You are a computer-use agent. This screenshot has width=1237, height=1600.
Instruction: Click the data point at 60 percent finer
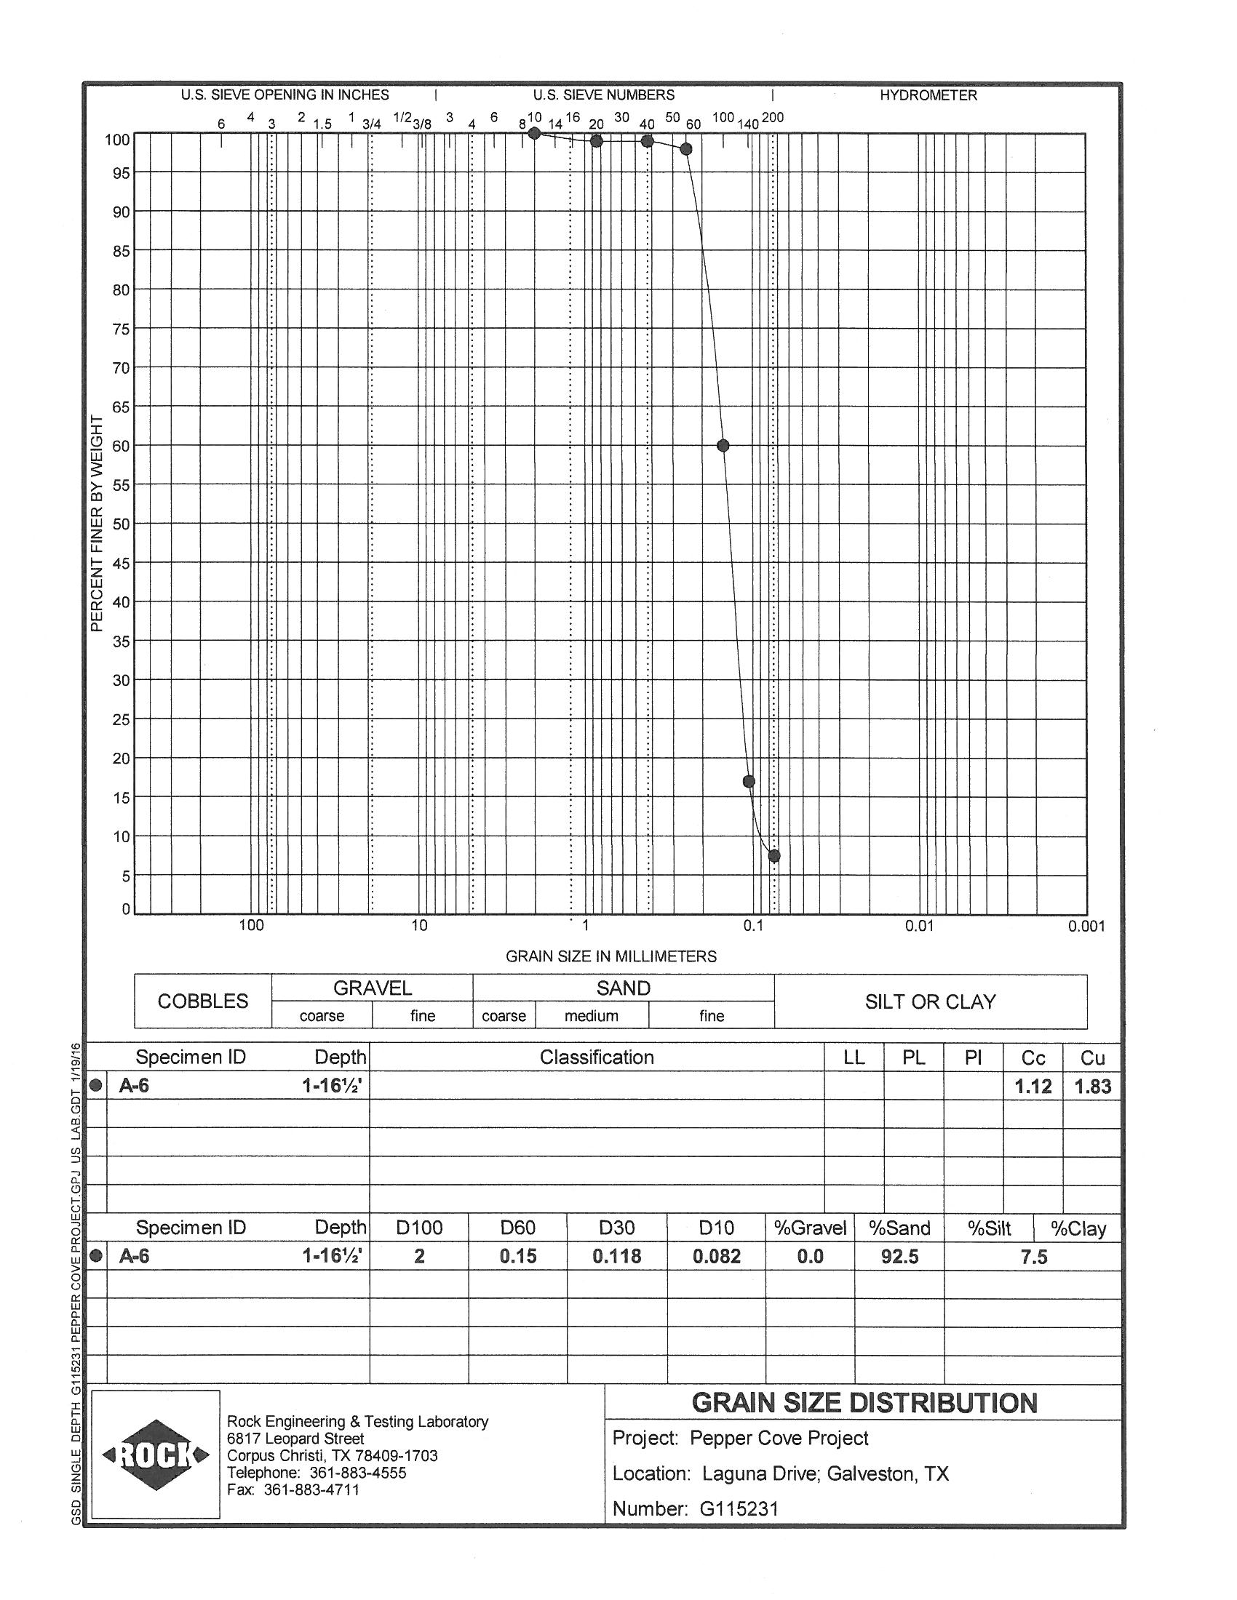(x=723, y=445)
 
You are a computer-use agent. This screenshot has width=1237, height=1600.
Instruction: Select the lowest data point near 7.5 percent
(x=774, y=856)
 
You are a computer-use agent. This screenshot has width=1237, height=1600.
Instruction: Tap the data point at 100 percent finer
(x=534, y=133)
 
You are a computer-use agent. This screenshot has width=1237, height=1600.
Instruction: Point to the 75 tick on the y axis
(x=121, y=329)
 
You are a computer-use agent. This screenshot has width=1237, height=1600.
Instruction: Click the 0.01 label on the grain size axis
(x=919, y=926)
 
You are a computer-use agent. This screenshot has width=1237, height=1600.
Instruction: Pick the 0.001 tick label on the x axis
(x=1086, y=927)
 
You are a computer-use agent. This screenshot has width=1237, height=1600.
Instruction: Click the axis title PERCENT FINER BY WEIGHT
(x=97, y=523)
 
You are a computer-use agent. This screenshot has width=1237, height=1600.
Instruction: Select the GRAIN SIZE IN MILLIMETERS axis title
(x=610, y=956)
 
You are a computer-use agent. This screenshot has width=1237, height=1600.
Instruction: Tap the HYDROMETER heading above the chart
(x=928, y=95)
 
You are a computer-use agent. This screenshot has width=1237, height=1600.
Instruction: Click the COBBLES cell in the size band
(x=203, y=1001)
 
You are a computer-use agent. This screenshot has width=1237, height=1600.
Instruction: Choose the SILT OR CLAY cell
(x=930, y=1001)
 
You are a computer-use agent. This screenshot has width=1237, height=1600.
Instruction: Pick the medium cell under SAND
(x=591, y=1016)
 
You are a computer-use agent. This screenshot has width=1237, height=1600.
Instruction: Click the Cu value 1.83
(x=1092, y=1087)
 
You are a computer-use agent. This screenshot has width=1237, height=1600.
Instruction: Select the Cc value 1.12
(x=1033, y=1087)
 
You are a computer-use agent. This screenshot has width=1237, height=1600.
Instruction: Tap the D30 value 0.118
(x=616, y=1257)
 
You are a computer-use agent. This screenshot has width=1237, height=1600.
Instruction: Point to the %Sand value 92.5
(x=899, y=1257)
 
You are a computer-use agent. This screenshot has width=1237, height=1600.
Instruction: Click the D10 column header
(x=716, y=1227)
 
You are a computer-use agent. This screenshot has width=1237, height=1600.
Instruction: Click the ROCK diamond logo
(x=156, y=1455)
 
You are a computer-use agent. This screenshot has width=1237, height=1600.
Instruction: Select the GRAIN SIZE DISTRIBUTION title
(x=864, y=1403)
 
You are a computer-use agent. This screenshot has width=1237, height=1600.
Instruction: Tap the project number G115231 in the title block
(x=739, y=1509)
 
